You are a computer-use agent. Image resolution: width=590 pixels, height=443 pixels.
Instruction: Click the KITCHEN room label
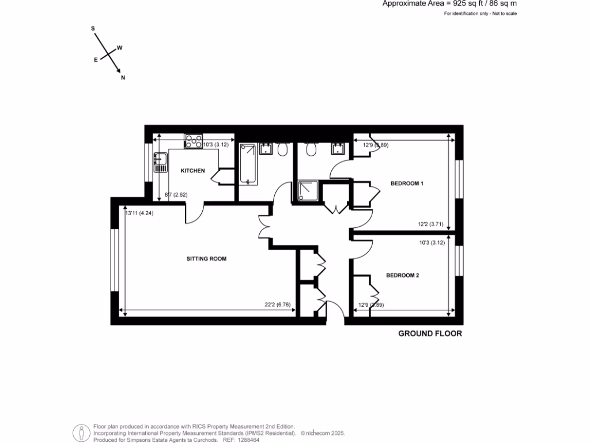click(192, 171)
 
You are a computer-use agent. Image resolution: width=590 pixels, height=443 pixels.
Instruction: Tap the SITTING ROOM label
click(206, 259)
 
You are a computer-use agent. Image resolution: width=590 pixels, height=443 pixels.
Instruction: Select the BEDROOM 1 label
click(407, 183)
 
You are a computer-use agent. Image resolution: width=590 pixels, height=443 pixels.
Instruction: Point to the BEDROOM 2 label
click(402, 276)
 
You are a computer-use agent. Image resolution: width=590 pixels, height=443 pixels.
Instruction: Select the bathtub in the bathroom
click(248, 164)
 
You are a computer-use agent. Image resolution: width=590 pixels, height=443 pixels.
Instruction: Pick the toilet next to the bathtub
click(282, 149)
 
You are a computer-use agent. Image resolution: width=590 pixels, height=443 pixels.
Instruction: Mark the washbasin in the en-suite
click(336, 149)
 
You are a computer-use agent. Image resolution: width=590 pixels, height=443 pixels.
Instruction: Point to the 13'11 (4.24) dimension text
click(139, 213)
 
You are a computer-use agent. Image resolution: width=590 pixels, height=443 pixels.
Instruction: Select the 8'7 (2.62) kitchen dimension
click(176, 195)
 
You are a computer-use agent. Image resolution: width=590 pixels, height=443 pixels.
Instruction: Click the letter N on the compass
click(123, 78)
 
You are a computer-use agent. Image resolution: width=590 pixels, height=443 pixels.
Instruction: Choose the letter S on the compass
click(93, 28)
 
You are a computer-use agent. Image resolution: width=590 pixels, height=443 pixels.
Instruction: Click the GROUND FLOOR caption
click(430, 333)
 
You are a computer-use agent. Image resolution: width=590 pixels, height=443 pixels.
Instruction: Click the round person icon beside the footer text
click(81, 433)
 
